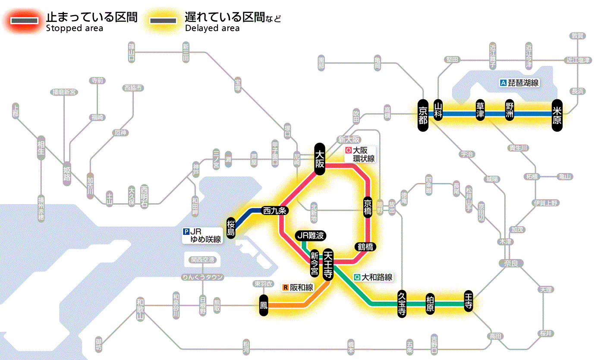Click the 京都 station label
tap(423, 114)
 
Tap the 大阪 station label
tap(320, 159)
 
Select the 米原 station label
tap(557, 114)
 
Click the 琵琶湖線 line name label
tap(519, 83)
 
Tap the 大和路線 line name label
tap(373, 278)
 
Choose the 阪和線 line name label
tap(298, 287)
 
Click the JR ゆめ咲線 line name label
tap(202, 235)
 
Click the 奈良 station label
tap(511, 263)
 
